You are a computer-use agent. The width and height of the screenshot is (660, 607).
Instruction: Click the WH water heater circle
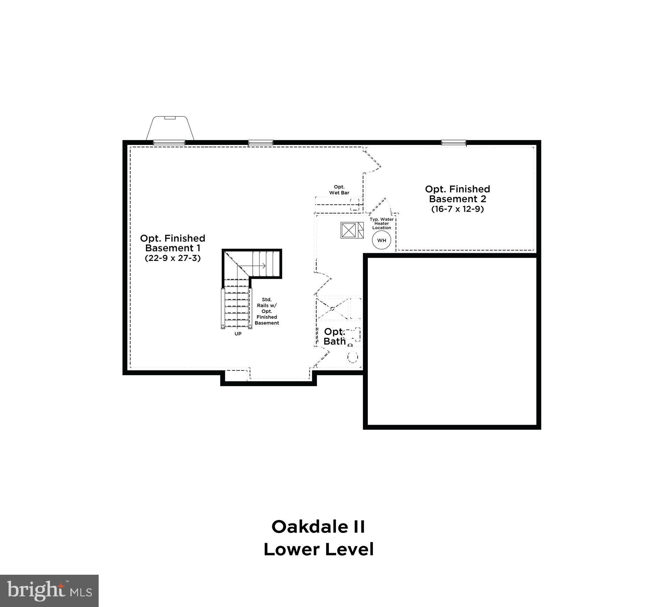pyautogui.click(x=382, y=240)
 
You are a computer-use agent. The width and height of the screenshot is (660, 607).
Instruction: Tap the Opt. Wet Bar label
pyautogui.click(x=339, y=190)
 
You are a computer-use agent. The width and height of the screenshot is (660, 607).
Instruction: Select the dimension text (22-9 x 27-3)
pyautogui.click(x=173, y=258)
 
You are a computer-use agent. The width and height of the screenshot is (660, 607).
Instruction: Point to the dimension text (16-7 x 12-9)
pyautogui.click(x=458, y=209)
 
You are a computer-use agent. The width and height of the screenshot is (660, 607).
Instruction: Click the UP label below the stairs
pyautogui.click(x=238, y=334)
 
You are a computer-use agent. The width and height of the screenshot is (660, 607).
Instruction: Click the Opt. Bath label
pyautogui.click(x=334, y=336)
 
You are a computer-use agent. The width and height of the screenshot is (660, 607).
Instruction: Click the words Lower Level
pyautogui.click(x=318, y=549)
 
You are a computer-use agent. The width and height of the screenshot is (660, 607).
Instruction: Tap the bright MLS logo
pyautogui.click(x=49, y=591)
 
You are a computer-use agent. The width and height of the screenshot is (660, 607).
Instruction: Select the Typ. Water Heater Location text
pyautogui.click(x=382, y=223)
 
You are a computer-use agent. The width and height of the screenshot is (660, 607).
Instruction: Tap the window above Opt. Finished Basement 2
pyautogui.click(x=453, y=142)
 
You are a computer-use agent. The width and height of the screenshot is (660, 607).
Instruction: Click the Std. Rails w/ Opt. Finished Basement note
pyautogui.click(x=267, y=311)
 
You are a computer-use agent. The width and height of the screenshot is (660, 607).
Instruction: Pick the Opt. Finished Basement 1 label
pyautogui.click(x=173, y=243)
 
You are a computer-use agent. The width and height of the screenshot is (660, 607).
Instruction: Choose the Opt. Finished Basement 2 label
pyautogui.click(x=458, y=194)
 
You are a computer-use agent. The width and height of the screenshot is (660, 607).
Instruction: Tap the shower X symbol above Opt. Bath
pyautogui.click(x=332, y=308)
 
